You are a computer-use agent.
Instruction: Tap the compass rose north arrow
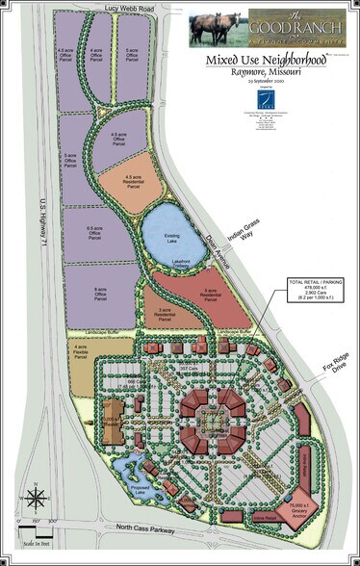36,500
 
